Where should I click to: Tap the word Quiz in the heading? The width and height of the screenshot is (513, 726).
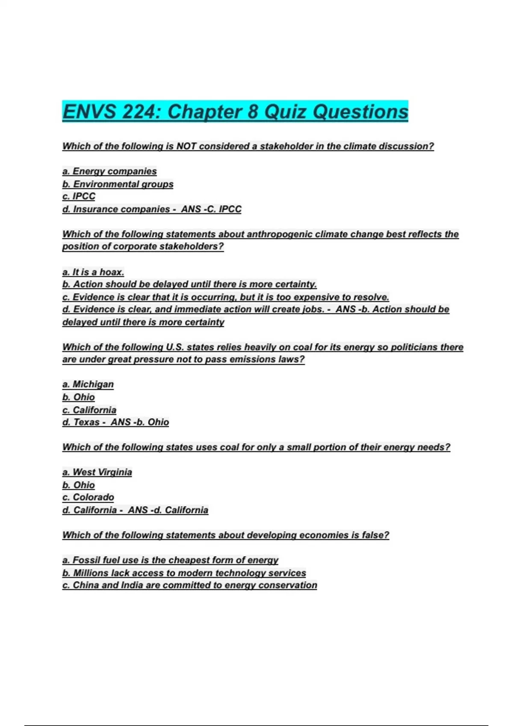(x=285, y=112)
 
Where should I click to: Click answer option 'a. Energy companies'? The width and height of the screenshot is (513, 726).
(x=109, y=171)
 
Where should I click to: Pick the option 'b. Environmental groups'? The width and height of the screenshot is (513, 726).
(x=118, y=184)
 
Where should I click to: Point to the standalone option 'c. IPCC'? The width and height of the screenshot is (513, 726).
(x=79, y=196)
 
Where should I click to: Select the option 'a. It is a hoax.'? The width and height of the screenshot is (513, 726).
(x=93, y=272)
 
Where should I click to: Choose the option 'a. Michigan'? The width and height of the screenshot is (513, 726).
(x=88, y=384)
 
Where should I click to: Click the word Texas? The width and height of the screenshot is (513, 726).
(x=86, y=422)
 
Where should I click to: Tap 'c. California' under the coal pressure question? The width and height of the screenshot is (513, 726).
(x=89, y=410)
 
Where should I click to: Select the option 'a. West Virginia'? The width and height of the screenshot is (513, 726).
(x=97, y=472)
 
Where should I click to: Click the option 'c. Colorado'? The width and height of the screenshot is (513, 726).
(x=88, y=498)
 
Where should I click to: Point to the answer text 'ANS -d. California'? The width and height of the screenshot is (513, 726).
(x=168, y=510)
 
